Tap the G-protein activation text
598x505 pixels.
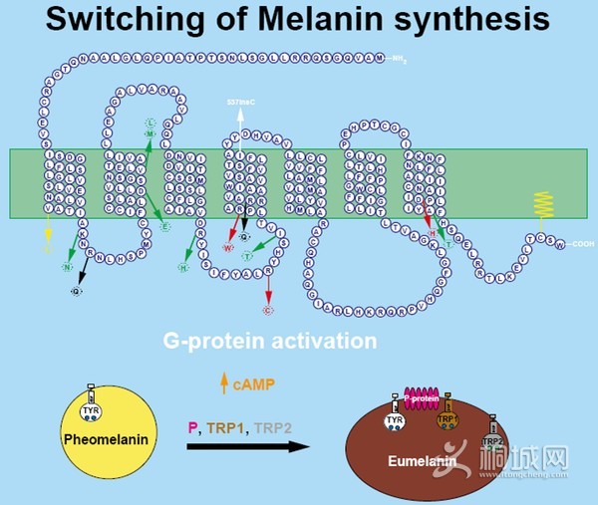click(x=270, y=342)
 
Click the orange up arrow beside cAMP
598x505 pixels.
click(x=224, y=379)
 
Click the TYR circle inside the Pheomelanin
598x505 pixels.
click(x=91, y=407)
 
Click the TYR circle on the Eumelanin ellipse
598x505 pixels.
click(x=394, y=422)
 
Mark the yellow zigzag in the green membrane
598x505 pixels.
click(x=545, y=204)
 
